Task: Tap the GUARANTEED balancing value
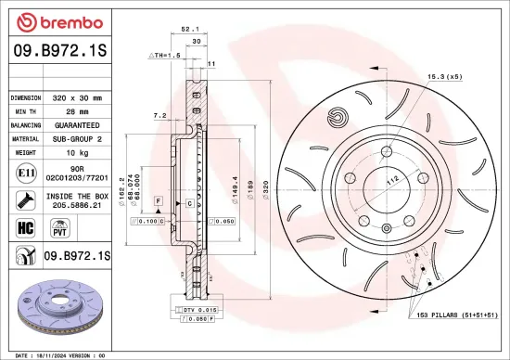click(83, 124)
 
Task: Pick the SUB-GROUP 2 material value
click(83, 137)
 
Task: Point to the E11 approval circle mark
click(22, 172)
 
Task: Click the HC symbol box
click(22, 226)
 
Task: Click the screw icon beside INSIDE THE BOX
click(22, 199)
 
